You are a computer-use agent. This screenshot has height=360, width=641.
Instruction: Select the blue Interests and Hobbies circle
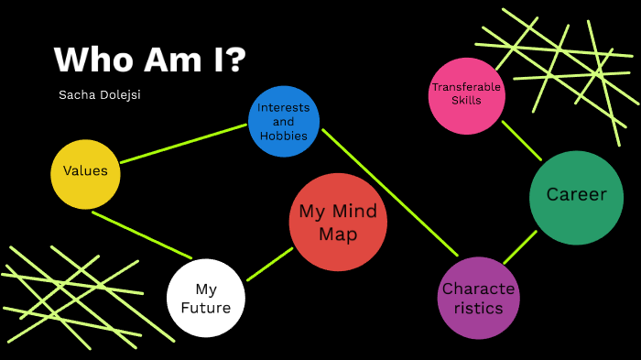[284, 121]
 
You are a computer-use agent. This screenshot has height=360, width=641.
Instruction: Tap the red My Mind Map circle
[338, 223]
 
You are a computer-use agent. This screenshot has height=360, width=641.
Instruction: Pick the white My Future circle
[206, 298]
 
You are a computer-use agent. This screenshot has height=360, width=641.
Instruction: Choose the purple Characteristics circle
[478, 298]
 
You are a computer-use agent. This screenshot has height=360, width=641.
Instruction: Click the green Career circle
[576, 197]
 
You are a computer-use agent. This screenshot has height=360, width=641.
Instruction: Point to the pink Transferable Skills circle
[467, 94]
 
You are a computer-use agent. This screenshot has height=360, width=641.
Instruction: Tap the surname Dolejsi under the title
[122, 94]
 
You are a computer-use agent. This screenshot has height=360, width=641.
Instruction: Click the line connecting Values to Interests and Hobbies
[183, 144]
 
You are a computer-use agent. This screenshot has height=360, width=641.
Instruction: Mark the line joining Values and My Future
[142, 235]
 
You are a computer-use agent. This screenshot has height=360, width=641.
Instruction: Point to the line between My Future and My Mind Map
[269, 264]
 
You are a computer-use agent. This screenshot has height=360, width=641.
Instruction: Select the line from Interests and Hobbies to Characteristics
[389, 192]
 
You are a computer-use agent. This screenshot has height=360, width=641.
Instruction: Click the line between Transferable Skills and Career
[521, 140]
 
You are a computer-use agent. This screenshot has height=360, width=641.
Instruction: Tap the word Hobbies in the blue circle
[284, 136]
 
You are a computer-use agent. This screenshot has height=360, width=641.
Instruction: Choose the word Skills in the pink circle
[467, 101]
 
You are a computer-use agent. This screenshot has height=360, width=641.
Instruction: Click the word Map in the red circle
[338, 235]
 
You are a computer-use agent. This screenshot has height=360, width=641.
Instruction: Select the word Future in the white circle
[206, 308]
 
